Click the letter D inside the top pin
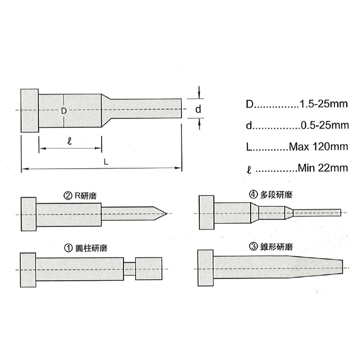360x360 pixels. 64,111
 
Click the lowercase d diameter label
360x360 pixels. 198,109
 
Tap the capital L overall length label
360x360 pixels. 106,162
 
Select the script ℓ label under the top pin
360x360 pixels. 70,141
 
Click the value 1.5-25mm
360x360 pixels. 324,104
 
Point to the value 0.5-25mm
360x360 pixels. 324,125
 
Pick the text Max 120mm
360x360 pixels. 319,146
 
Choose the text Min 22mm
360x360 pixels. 323,168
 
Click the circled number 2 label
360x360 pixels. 68,196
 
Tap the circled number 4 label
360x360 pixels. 253,194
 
